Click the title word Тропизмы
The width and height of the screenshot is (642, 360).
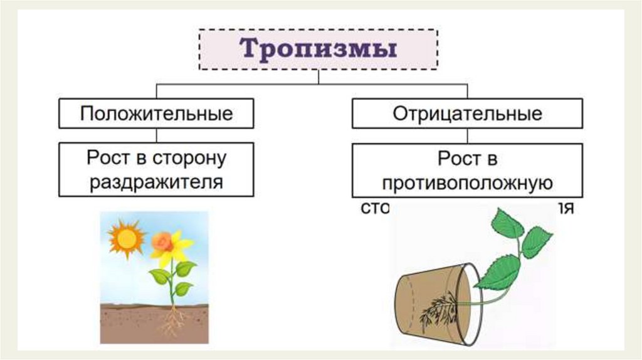[x=319, y=49]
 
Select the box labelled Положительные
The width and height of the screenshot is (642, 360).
[x=156, y=114]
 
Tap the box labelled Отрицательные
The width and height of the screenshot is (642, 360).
[x=466, y=114]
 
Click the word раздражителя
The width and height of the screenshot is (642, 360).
[x=156, y=183]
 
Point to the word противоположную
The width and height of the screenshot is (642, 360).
[x=467, y=183]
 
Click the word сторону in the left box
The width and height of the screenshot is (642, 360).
[x=188, y=158]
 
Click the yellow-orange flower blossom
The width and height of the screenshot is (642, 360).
[x=168, y=245]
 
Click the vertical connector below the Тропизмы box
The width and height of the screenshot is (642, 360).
[x=318, y=77]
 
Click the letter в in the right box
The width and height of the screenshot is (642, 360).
[x=490, y=159]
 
